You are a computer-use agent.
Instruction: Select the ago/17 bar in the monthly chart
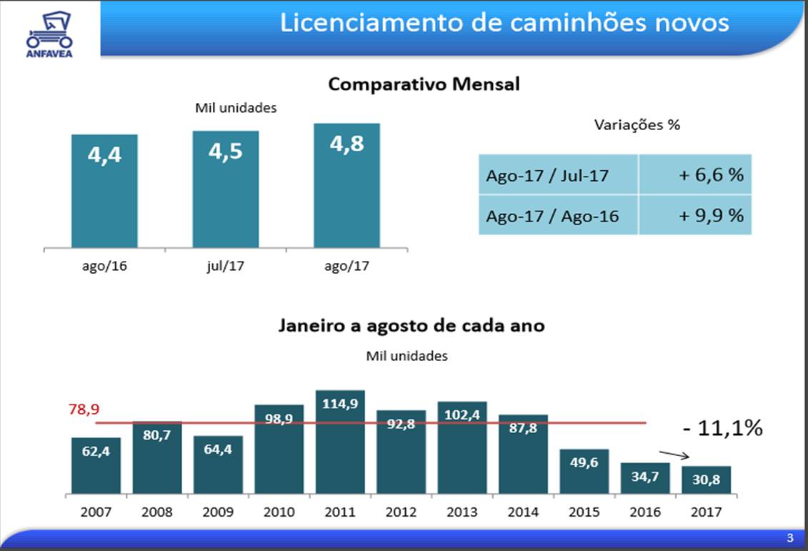coord(346,186)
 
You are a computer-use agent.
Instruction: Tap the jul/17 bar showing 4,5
coord(225,189)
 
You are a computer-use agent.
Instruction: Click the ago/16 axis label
coord(104,267)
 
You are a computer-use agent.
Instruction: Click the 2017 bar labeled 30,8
coord(707,480)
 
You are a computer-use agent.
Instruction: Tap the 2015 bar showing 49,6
coord(584,471)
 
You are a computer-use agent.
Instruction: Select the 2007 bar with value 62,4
coord(96,465)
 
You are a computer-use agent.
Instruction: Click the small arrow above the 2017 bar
coord(674,455)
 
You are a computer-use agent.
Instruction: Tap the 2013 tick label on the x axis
coord(462,512)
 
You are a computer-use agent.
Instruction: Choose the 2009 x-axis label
coord(218,512)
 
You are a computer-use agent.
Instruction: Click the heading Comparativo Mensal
coord(424,84)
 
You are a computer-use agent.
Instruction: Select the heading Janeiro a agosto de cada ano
coord(411,326)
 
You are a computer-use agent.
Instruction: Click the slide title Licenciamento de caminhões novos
coord(504,23)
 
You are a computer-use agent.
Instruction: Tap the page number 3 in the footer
coord(789,537)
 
